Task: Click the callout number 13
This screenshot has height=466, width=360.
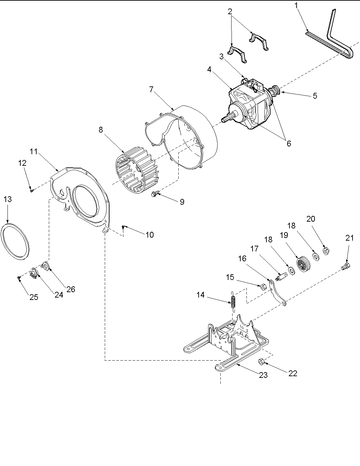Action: (x=8, y=199)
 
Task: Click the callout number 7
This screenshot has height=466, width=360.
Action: (x=151, y=89)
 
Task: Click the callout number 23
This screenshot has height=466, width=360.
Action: (x=263, y=375)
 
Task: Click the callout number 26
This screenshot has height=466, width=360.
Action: (x=71, y=289)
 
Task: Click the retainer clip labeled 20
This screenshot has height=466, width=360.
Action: (x=326, y=251)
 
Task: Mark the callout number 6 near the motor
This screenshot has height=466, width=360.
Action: (x=288, y=143)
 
